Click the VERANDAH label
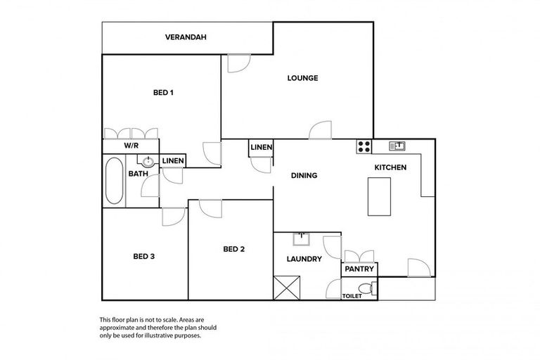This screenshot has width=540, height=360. point(186,37)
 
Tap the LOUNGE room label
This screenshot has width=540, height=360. point(302,78)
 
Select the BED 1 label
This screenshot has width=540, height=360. point(163,92)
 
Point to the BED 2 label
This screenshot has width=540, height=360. point(233,249)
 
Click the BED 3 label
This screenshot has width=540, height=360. point(143,257)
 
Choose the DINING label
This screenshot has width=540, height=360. point(304,176)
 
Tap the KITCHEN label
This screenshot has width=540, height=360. point(390,168)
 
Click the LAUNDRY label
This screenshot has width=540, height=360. point(304,259)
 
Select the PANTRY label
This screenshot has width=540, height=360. point(359,269)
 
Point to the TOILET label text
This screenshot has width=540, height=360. point(352,296)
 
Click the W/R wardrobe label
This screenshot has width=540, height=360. point(131,146)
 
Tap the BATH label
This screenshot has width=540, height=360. point(137,174)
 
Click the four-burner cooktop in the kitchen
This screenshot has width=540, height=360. point(364,146)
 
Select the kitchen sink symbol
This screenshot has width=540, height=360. point(397,146)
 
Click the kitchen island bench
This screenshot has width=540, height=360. point(379,196)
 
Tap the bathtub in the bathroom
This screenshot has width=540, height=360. point(114,181)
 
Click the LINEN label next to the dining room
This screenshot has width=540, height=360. point(261,147)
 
